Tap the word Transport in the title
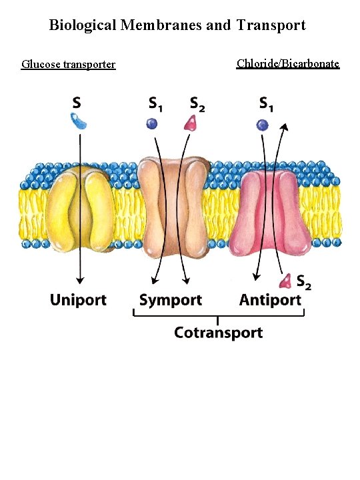(x=269, y=25)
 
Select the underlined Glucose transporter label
(x=69, y=65)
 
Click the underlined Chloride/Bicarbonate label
(x=288, y=63)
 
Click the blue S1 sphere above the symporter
(x=153, y=123)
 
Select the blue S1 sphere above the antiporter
(x=263, y=124)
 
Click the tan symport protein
(x=171, y=205)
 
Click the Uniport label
(x=77, y=300)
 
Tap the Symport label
(x=170, y=301)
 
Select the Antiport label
(x=270, y=301)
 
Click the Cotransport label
(x=218, y=332)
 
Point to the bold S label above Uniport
(x=77, y=103)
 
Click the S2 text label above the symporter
(x=197, y=104)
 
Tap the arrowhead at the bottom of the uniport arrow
(x=80, y=280)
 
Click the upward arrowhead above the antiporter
(x=285, y=127)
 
